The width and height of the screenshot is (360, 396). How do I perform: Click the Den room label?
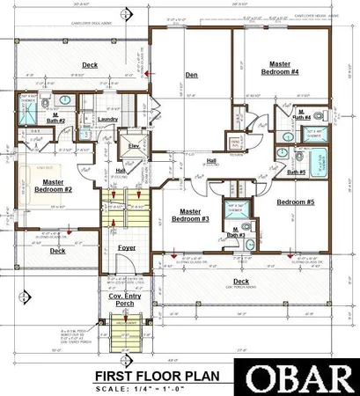191,76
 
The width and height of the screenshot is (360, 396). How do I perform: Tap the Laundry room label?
107,119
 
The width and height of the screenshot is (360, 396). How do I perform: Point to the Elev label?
135,146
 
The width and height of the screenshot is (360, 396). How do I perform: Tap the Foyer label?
129,248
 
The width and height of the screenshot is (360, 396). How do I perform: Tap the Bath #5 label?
297,172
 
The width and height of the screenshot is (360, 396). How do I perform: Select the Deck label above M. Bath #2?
90,64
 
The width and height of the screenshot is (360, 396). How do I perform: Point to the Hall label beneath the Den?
210,161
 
